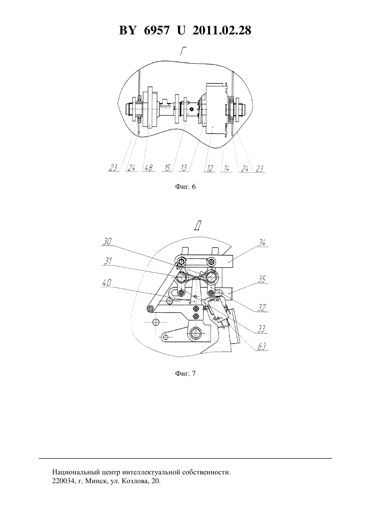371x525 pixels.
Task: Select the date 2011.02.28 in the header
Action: (222, 30)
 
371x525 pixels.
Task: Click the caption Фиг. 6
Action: (185, 187)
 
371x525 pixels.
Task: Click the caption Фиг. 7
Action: (185, 374)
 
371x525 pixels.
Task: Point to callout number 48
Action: (148, 168)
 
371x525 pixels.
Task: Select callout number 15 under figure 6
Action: (167, 168)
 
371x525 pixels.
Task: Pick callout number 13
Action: (183, 168)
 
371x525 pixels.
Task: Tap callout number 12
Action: (210, 168)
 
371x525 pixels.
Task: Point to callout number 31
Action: (108, 261)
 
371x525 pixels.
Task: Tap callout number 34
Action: (262, 243)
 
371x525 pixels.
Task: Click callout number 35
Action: (262, 280)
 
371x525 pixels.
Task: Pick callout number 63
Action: (262, 347)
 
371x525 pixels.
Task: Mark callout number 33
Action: (261, 329)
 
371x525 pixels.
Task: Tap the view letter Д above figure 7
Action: (197, 226)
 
